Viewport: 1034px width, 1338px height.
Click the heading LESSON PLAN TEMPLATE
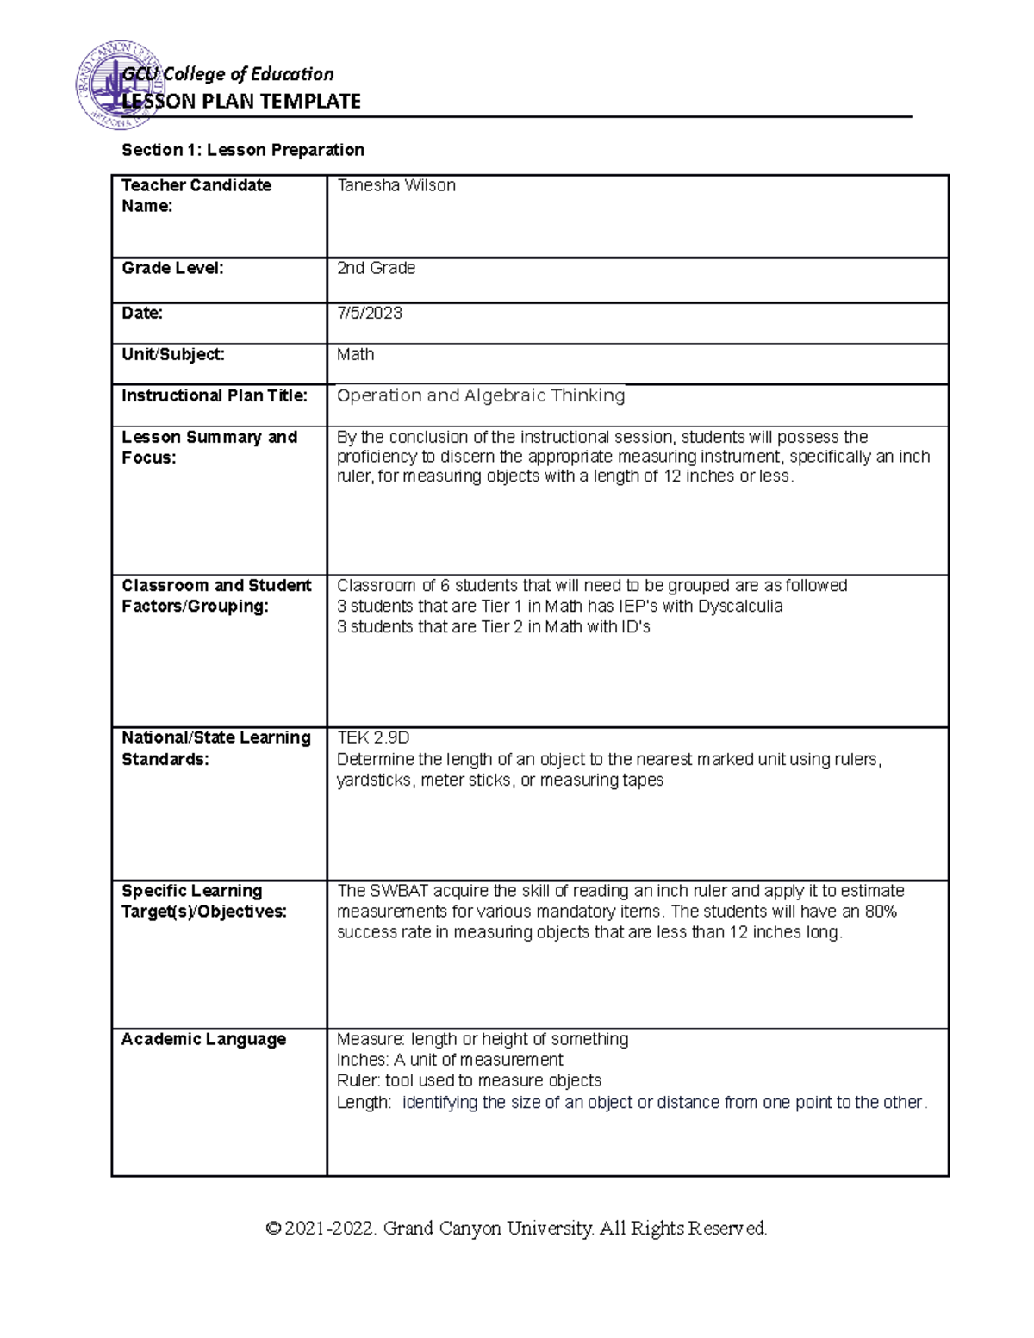coord(241,102)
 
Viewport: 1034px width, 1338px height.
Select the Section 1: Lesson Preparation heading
coord(243,150)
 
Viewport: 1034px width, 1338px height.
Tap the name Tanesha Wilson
coord(396,185)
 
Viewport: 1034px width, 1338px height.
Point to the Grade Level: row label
coord(172,268)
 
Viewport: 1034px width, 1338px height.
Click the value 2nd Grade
coord(376,268)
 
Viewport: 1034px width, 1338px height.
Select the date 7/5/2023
coord(370,313)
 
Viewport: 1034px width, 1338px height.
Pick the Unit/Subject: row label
coord(173,354)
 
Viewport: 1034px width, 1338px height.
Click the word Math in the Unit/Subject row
coord(355,354)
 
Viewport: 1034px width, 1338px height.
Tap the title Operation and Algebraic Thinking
coord(481,395)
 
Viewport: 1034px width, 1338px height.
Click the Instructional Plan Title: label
coord(215,395)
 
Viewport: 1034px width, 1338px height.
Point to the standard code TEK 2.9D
coord(373,737)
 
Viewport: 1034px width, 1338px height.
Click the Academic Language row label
coord(203,1039)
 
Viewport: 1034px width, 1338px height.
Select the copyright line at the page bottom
coord(516,1228)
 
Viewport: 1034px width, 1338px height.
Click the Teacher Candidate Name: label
coord(196,196)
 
